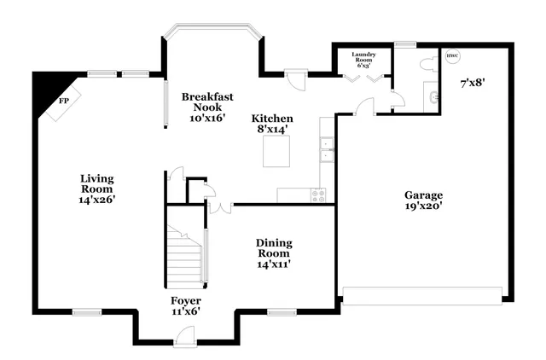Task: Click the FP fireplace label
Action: pos(63,101)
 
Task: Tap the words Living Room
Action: pos(96,183)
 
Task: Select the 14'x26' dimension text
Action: pos(96,199)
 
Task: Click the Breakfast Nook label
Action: pos(207,102)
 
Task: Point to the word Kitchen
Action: pos(272,119)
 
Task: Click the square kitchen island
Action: pos(276,154)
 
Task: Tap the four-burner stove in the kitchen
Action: pos(319,195)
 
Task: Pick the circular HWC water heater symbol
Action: pos(452,57)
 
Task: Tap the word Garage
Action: pos(424,195)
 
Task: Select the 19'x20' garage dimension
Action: pos(424,206)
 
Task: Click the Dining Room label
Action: pos(274,247)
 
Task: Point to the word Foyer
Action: pos(185,300)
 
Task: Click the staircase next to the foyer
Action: pos(186,256)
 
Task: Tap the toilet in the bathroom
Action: pos(427,65)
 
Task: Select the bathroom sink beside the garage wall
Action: pos(435,97)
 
